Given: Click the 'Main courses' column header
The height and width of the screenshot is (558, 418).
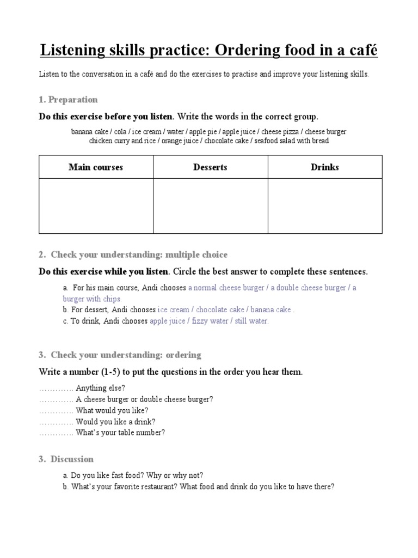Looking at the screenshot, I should tap(96, 167).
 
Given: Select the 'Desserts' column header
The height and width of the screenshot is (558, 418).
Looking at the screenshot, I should tap(210, 167).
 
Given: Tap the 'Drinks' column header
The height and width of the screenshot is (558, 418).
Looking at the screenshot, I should tap(324, 167).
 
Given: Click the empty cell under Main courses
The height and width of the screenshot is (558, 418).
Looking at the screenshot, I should tap(96, 206).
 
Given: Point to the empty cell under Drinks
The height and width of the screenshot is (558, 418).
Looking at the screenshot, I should tap(324, 206).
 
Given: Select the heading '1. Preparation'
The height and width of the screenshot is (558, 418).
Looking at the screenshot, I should tap(68, 100).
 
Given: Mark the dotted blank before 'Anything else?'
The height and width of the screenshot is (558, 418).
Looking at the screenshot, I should tap(56, 389).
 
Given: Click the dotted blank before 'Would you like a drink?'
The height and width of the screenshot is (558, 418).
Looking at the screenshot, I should tap(56, 422).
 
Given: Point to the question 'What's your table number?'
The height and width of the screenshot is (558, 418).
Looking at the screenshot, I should tap(120, 433).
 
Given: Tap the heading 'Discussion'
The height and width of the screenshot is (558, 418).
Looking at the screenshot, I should tap(72, 459).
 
